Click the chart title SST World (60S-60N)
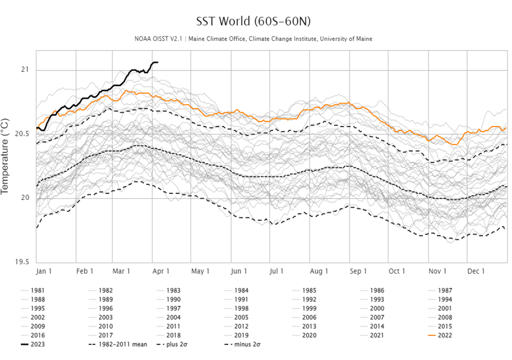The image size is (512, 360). click(x=255, y=21)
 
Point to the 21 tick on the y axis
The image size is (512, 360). click(x=25, y=69)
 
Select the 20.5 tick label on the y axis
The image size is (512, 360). click(x=22, y=134)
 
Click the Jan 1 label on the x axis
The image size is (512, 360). click(x=44, y=271)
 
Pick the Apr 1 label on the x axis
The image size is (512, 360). click(x=161, y=271)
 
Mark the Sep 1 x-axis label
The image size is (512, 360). click(x=358, y=271)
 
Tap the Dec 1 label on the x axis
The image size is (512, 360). click(x=476, y=271)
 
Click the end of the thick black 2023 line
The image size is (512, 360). click(x=157, y=62)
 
